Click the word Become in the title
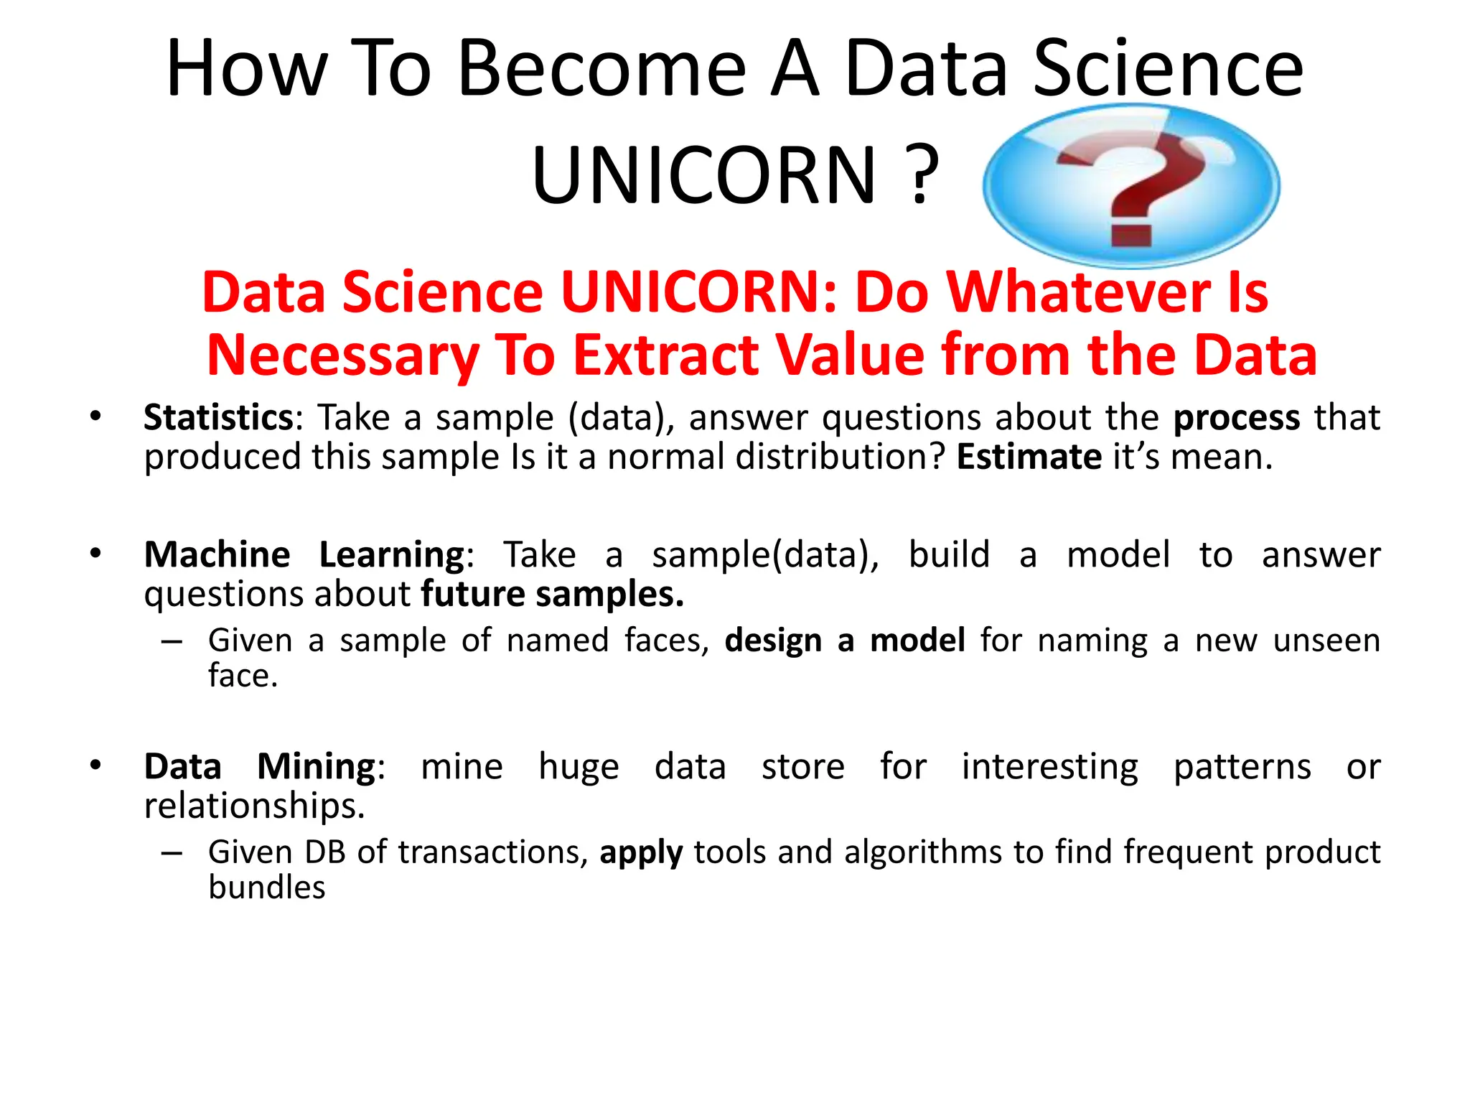(x=602, y=68)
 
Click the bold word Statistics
(x=218, y=417)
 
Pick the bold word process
(x=1236, y=418)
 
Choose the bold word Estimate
(x=1029, y=457)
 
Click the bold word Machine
(x=217, y=554)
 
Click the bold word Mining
(x=317, y=767)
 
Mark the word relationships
(x=254, y=806)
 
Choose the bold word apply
(x=641, y=853)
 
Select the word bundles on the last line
(x=267, y=888)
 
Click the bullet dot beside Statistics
(x=95, y=416)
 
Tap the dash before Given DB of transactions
(x=172, y=853)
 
